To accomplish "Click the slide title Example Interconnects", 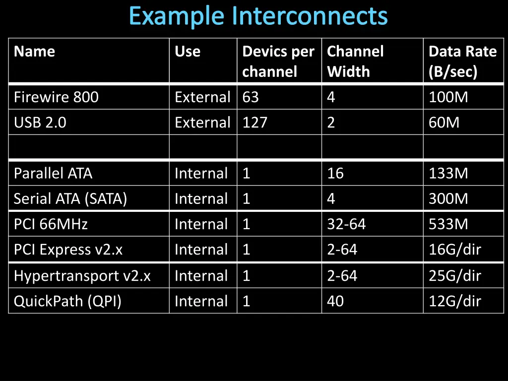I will coord(258,16).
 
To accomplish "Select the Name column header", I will coord(35,52).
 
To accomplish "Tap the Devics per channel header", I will coord(278,62).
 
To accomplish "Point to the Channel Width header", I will coord(355,62).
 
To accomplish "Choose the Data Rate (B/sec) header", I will coord(462,62).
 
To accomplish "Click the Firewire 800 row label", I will coord(56,97).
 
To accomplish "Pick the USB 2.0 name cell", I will coord(40,123).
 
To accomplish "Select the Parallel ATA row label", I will coord(53,174).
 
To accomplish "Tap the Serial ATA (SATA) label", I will coord(70,199).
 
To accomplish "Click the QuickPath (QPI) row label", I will coord(67,301).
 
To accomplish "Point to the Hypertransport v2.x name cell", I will coord(82,276).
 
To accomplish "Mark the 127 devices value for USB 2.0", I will coord(255,123).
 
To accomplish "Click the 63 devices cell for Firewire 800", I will coord(251,97).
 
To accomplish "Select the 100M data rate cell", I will coord(448,97).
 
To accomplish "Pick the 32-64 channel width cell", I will coord(346,224).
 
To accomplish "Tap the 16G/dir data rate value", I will coord(455,250).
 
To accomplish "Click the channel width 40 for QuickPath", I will coord(335,301).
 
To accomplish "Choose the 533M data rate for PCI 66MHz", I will coord(448,224).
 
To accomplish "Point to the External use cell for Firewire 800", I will coord(202,97).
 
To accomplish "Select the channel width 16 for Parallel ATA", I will coord(335,174).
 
